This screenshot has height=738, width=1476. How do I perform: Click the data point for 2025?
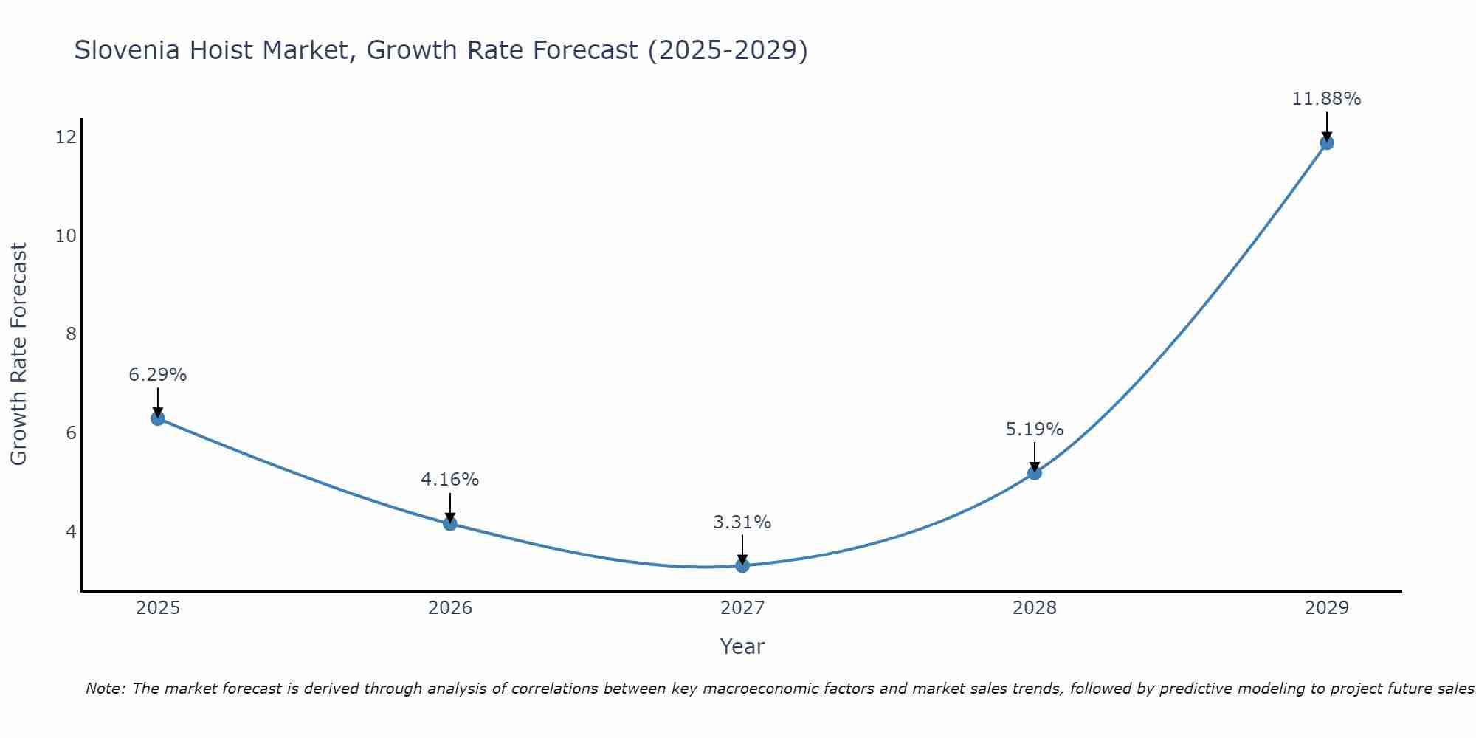point(157,418)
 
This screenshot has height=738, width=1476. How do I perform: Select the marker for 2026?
point(449,523)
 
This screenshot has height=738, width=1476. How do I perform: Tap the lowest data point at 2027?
point(742,565)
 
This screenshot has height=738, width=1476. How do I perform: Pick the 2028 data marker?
point(1034,472)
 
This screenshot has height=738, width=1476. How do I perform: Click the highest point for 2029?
point(1326,142)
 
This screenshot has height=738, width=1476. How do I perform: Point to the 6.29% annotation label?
point(157,375)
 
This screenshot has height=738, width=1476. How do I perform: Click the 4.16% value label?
point(449,480)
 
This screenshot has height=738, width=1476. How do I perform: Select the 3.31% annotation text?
point(742,523)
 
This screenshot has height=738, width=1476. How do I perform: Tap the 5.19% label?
point(1034,430)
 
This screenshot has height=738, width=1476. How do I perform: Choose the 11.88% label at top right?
point(1326,99)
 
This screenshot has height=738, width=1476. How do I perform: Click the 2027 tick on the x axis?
point(742,608)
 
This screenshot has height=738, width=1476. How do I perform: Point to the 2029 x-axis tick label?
point(1326,608)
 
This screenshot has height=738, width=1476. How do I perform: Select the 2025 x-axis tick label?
point(158,608)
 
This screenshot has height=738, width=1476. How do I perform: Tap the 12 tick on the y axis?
point(66,137)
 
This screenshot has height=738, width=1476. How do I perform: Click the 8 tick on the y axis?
point(71,334)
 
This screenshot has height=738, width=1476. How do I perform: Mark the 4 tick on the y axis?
point(71,531)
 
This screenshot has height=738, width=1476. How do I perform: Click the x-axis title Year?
point(742,646)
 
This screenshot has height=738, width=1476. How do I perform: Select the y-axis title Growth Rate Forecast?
point(18,354)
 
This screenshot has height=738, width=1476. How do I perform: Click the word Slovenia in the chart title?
point(126,51)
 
